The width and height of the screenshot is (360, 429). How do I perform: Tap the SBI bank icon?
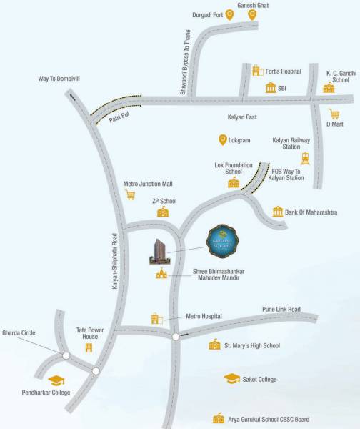(x=271, y=87)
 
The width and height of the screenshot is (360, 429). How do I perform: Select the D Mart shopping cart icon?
(x=334, y=113)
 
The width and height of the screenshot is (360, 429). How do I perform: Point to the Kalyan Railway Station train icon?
(x=305, y=159)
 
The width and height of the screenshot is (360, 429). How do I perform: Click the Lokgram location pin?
(x=223, y=139)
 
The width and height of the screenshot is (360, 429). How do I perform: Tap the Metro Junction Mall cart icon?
(x=130, y=194)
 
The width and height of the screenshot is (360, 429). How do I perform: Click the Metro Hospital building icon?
(x=156, y=318)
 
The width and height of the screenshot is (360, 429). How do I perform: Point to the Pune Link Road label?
(x=281, y=309)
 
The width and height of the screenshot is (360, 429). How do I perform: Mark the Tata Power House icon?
(x=89, y=348)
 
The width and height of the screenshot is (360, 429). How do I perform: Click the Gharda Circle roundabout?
(x=65, y=355)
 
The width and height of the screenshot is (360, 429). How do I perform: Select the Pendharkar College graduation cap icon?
(x=55, y=380)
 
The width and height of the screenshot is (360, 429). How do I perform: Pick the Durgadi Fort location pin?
(x=230, y=14)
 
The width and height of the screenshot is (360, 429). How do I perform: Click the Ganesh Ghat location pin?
(x=251, y=14)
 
